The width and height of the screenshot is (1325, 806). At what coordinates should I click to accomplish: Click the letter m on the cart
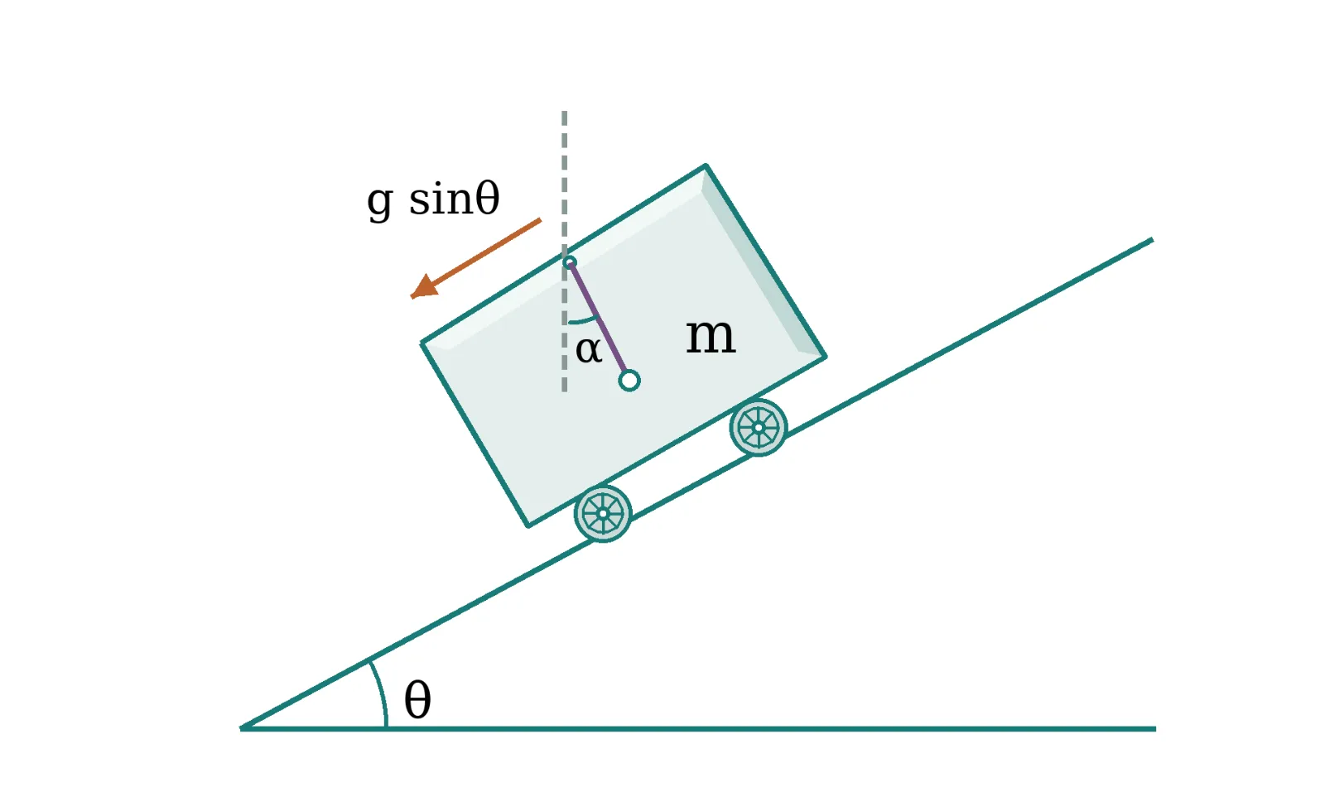point(711,338)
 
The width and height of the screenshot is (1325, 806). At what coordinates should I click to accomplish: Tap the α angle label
point(589,350)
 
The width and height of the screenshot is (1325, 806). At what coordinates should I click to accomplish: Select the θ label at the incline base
point(417,699)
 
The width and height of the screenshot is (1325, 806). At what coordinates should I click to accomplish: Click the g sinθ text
point(433,199)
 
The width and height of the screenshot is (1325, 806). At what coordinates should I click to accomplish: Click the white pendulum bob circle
point(629,381)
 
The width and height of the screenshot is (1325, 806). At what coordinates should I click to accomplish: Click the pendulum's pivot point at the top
point(570,262)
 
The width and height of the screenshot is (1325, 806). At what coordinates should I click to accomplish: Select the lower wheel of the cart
point(603,514)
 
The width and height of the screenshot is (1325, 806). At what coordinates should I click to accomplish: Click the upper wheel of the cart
point(759,427)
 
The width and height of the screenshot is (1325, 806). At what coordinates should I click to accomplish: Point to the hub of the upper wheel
point(759,427)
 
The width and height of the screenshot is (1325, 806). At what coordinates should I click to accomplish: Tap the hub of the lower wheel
point(603,514)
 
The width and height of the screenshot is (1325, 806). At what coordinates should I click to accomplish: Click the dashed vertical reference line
point(564,251)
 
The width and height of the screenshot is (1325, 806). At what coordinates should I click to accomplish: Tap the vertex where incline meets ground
point(241,728)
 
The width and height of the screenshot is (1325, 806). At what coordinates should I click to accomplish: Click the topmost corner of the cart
point(706,166)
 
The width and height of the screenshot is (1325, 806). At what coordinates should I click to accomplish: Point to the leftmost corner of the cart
point(422,342)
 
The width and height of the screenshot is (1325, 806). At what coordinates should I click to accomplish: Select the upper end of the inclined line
point(1152,239)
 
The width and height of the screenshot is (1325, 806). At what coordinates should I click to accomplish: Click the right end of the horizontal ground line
point(1155,728)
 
